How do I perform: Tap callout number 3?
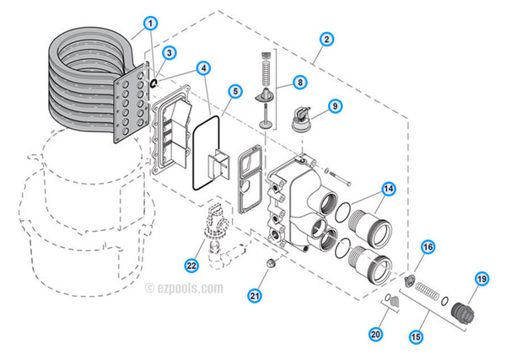[x=170, y=53]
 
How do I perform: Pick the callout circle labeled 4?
[x=205, y=67]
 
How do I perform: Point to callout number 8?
[x=299, y=83]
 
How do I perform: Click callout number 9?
[x=335, y=106]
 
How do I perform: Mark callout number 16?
[x=428, y=247]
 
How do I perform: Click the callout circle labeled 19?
[x=482, y=279]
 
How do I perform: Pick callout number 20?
[x=375, y=335]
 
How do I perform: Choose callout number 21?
[x=255, y=295]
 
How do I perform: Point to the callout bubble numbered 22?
[x=191, y=266]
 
